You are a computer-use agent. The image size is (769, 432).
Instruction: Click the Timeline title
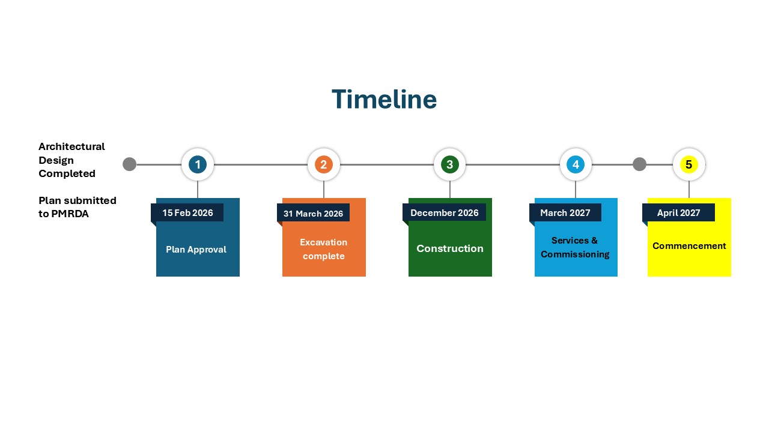[384, 100]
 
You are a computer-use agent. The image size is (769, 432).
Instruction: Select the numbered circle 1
[198, 164]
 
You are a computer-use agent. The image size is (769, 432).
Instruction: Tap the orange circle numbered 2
[324, 164]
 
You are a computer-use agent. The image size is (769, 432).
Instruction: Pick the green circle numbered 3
[449, 164]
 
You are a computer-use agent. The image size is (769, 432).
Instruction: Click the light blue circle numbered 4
[576, 164]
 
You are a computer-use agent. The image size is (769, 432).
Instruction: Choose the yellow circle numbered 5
[688, 164]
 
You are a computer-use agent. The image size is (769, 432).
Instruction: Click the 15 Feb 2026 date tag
[187, 213]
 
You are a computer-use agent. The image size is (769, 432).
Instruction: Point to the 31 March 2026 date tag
[313, 214]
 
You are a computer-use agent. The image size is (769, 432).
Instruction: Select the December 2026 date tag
[445, 213]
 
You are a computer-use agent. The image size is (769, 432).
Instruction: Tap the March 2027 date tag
[565, 213]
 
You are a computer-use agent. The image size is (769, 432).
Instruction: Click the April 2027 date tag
[679, 213]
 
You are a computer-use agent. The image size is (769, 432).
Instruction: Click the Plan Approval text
[196, 250]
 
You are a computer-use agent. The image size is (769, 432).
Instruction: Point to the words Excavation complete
[324, 249]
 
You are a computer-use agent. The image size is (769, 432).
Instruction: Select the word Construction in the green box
[450, 248]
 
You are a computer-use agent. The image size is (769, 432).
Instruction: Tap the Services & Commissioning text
[575, 247]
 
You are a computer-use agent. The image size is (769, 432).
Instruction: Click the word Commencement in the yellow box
[689, 246]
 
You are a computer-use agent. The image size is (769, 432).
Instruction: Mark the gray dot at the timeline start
[129, 164]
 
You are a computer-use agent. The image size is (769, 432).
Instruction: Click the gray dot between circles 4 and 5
[639, 164]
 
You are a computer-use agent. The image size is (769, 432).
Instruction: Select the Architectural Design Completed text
[71, 160]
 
